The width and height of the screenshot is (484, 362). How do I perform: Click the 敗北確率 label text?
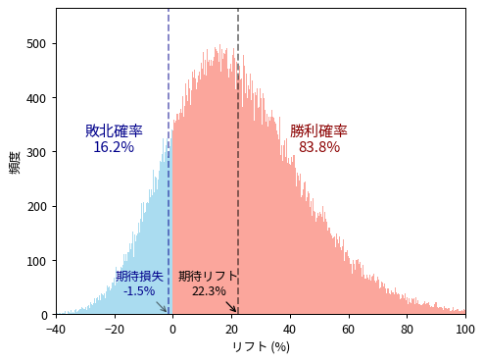coord(114,131)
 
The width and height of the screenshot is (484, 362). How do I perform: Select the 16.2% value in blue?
coord(114,147)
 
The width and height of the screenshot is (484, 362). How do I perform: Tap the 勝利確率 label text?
coord(318,131)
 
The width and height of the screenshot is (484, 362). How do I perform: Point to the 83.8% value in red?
coord(319,147)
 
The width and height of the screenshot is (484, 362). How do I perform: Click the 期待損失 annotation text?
coord(139,276)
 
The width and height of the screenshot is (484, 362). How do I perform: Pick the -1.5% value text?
coord(139,291)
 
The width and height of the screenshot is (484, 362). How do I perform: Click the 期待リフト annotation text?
coord(208,276)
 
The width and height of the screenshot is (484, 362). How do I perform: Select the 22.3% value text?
coord(209,291)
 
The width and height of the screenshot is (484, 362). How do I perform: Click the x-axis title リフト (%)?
coord(261,346)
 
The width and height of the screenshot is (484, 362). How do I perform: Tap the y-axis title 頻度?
coord(15,162)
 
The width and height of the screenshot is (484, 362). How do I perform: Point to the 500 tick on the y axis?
coord(37,44)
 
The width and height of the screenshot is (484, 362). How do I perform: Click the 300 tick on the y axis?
coord(37,152)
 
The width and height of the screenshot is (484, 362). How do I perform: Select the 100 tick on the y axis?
coord(37,261)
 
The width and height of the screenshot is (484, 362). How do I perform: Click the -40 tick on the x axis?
coord(56,329)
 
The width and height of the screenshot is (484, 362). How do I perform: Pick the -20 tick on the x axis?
coord(114,329)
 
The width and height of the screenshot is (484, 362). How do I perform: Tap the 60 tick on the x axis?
coord(348,329)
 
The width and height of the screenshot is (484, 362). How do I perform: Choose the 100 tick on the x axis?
coord(465,329)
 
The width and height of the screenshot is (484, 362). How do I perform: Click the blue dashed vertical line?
coord(169,78)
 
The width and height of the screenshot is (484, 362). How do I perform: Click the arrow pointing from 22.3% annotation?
coord(231,306)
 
